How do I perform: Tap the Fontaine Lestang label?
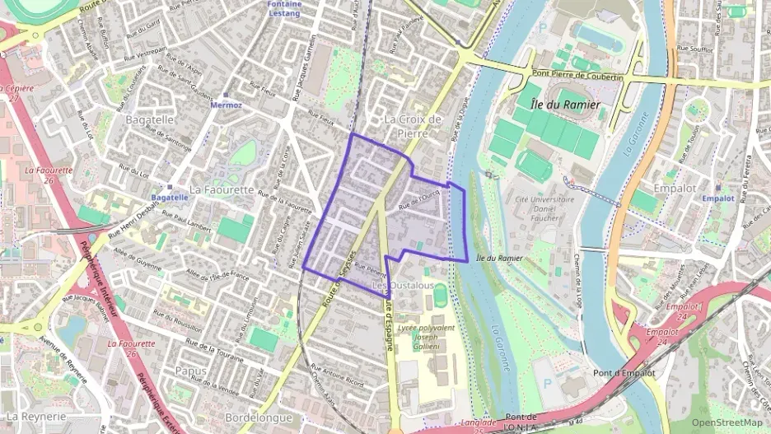point(284,8)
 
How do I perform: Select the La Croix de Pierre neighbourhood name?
point(413,125)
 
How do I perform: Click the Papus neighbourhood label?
point(191,371)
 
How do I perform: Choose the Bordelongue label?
point(259,418)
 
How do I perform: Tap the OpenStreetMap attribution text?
point(727,422)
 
